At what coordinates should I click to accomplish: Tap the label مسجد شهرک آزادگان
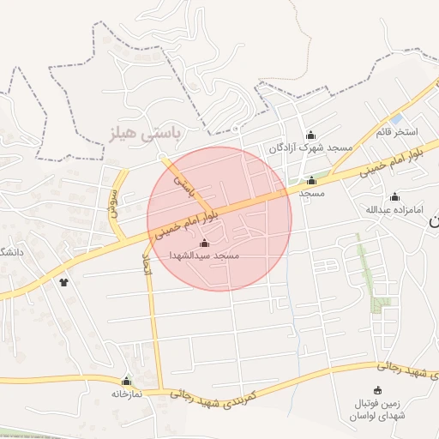(x=310, y=147)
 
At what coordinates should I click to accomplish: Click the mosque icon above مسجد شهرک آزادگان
(x=310, y=135)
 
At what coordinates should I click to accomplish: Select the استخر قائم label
(x=395, y=132)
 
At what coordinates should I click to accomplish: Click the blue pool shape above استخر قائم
(x=396, y=118)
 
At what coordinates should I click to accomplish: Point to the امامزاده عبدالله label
(x=394, y=209)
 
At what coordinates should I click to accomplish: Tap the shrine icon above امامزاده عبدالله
(x=394, y=196)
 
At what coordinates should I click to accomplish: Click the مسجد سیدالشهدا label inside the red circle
(x=203, y=256)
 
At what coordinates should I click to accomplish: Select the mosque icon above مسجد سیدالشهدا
(x=203, y=244)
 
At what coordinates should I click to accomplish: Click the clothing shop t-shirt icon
(x=63, y=281)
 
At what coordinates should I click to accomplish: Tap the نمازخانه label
(x=127, y=394)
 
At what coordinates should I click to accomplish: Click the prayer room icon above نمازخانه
(x=127, y=381)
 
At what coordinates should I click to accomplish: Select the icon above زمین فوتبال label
(x=378, y=391)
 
